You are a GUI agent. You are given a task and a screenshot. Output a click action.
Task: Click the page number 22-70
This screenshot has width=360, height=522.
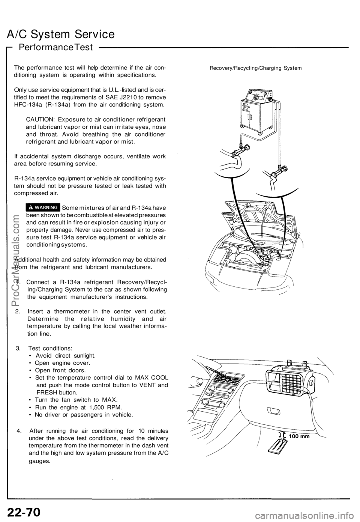[x=24, y=511]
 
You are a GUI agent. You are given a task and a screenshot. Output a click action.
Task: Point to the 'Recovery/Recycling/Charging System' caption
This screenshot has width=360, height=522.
[x=255, y=68]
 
